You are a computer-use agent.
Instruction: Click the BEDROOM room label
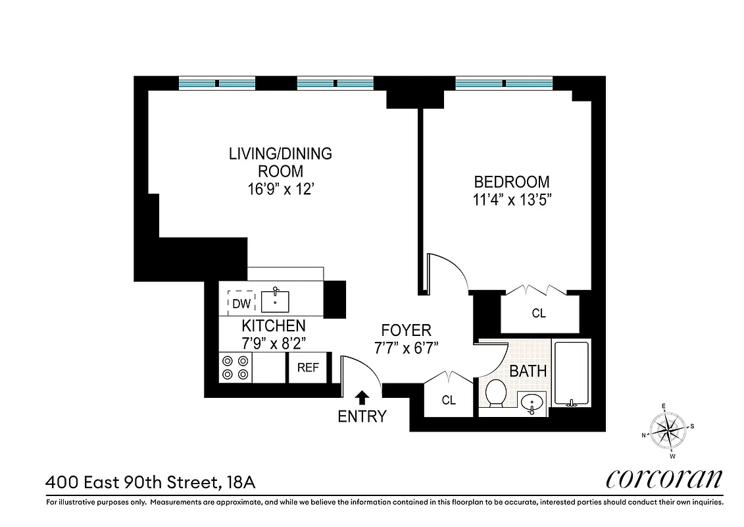click(512, 182)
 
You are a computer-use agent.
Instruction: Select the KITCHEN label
click(273, 325)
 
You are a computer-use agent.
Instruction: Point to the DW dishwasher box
click(241, 304)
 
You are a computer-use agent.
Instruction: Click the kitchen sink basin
click(275, 302)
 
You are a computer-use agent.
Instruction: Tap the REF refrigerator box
click(307, 368)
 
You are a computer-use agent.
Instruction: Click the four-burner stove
click(236, 368)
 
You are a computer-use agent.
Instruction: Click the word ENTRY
click(362, 416)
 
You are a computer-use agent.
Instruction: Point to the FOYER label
click(406, 330)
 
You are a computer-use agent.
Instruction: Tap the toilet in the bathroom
click(495, 394)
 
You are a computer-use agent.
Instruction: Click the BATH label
click(528, 371)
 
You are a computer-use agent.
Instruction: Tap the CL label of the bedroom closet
click(539, 314)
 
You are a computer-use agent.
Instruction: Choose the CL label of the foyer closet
click(449, 400)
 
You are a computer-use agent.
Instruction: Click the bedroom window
click(505, 84)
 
